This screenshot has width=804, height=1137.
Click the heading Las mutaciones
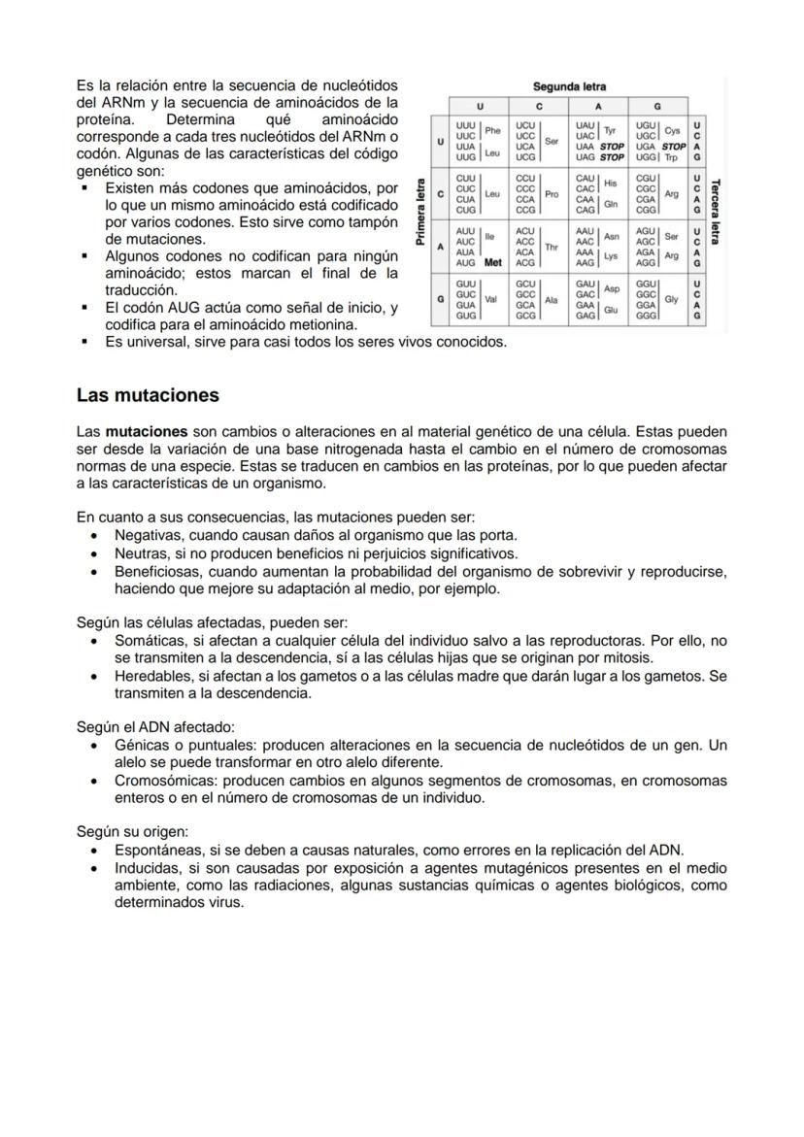coord(148,395)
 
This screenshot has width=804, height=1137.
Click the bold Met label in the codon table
coord(492,262)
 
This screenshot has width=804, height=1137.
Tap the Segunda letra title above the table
coord(569,87)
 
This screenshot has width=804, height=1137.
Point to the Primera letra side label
coord(421,212)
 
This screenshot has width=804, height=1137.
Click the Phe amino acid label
coord(492,131)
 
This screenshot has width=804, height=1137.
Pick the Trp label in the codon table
coord(672,156)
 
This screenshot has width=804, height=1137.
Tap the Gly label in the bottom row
coord(671,300)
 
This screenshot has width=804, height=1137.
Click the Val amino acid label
coord(491,300)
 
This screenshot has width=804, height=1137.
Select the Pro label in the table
coord(552,194)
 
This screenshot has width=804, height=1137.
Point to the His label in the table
coord(611,183)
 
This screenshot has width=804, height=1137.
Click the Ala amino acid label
coord(552,300)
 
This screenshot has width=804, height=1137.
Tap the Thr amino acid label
coord(552,247)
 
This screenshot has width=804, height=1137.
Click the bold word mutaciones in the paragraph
coord(146,431)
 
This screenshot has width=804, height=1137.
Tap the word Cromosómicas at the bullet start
coord(161,781)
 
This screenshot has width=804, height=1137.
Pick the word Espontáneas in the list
coord(155,850)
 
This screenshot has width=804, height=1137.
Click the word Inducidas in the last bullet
coord(145,867)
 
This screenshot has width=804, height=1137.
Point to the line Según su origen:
coord(132,831)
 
